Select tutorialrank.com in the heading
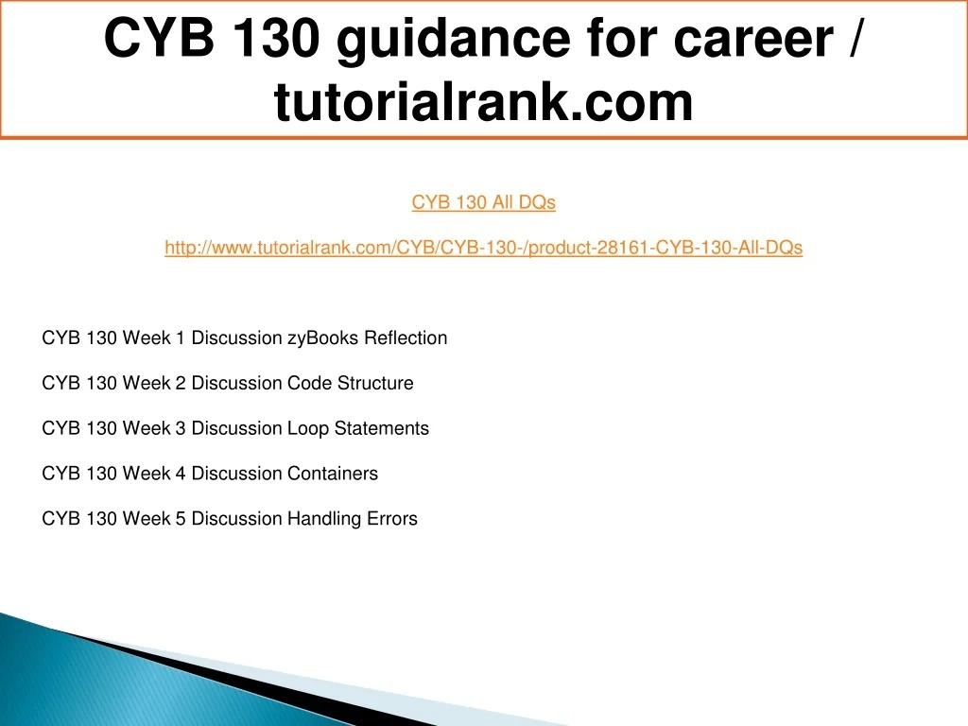pyautogui.click(x=483, y=102)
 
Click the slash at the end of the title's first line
pyautogui.click(x=855, y=37)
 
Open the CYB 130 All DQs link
pyautogui.click(x=483, y=202)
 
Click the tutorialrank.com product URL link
pyautogui.click(x=483, y=248)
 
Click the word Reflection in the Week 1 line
pyautogui.click(x=406, y=337)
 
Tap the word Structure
pyautogui.click(x=375, y=383)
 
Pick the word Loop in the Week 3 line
pyautogui.click(x=308, y=428)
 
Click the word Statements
pyautogui.click(x=382, y=428)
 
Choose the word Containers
pyautogui.click(x=333, y=473)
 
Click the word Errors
pyautogui.click(x=392, y=519)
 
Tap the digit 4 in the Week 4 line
pyautogui.click(x=181, y=474)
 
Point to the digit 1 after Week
pyautogui.click(x=181, y=338)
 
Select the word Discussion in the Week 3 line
pyautogui.click(x=237, y=428)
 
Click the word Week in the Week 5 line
pyautogui.click(x=147, y=519)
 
